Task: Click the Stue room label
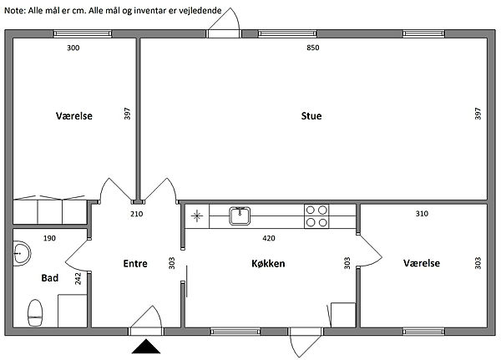[311, 116]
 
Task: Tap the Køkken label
[268, 263]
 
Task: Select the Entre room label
[135, 263]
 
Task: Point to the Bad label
[50, 278]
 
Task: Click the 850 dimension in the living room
[313, 48]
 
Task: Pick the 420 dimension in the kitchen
[269, 238]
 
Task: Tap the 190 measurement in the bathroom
[49, 238]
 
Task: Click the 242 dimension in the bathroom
[78, 278]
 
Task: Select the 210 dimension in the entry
[137, 214]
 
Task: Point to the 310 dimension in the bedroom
[422, 214]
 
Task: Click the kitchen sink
[240, 215]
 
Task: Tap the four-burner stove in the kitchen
[316, 216]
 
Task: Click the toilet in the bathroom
[35, 312]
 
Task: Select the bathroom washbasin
[22, 254]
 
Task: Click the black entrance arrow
[146, 347]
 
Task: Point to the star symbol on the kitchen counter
[197, 215]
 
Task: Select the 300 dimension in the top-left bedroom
[73, 48]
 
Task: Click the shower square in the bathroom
[72, 311]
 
